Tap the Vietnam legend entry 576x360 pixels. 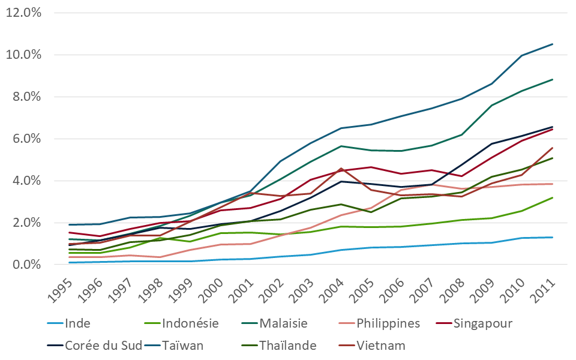pos(379,345)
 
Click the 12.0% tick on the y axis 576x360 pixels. pos(23,13)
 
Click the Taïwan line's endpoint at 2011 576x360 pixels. pos(553,44)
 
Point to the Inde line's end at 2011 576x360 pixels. pos(553,237)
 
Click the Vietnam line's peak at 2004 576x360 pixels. pos(341,169)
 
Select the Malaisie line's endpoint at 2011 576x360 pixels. pos(553,79)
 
